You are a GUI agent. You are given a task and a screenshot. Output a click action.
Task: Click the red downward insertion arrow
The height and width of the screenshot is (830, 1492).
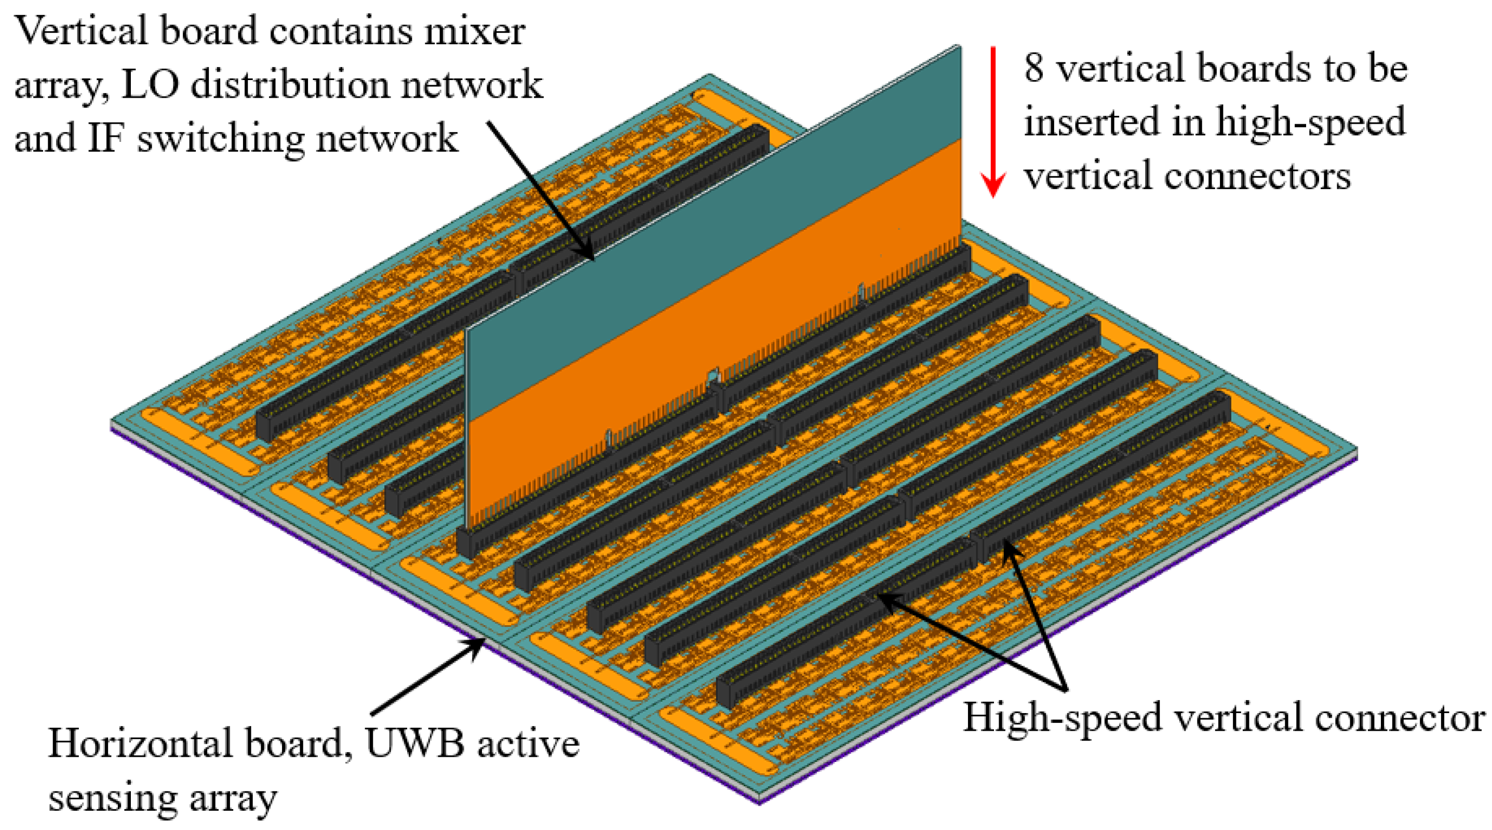point(993,122)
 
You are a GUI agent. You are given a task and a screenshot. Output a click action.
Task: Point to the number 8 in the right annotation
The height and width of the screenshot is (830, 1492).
point(1034,69)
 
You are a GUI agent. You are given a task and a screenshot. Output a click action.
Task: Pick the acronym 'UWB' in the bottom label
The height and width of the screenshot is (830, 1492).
point(415,744)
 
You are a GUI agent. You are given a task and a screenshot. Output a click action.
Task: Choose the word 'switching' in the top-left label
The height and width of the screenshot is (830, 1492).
point(220,139)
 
